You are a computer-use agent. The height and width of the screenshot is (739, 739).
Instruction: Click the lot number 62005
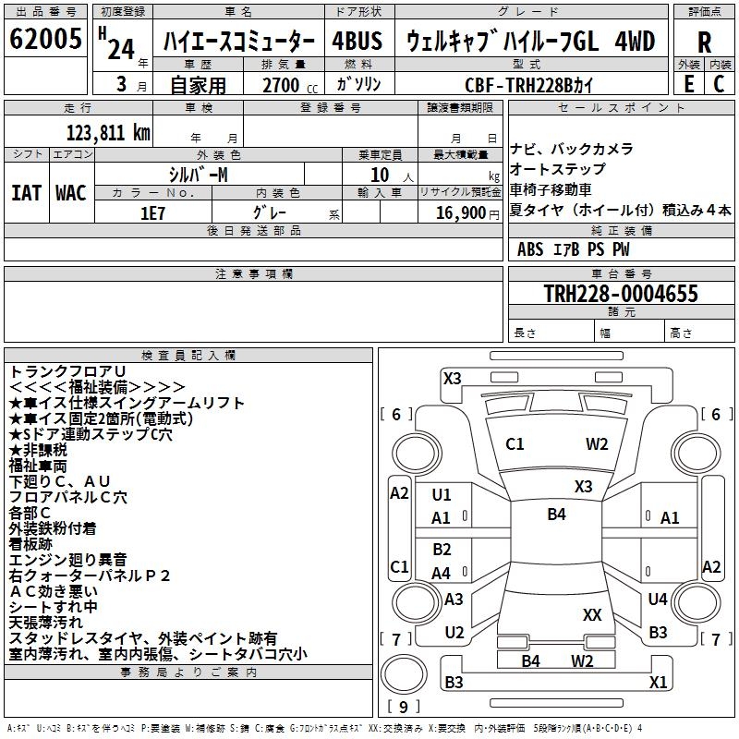[45, 41]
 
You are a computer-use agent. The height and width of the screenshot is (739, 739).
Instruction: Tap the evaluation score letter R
[705, 42]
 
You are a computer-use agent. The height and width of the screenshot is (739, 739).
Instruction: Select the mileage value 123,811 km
[108, 133]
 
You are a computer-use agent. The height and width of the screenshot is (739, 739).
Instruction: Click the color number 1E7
[152, 212]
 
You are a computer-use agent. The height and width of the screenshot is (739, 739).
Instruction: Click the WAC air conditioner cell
[71, 193]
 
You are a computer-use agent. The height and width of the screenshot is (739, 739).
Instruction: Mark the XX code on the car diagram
[592, 614]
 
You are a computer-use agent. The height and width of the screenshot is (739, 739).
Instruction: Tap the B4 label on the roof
[556, 515]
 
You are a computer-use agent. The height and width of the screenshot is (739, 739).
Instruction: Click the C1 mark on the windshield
[515, 444]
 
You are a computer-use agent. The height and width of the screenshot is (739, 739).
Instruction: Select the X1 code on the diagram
[658, 683]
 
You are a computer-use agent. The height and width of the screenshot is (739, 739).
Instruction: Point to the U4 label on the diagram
[658, 600]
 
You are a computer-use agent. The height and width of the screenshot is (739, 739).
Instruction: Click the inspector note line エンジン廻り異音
[68, 560]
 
